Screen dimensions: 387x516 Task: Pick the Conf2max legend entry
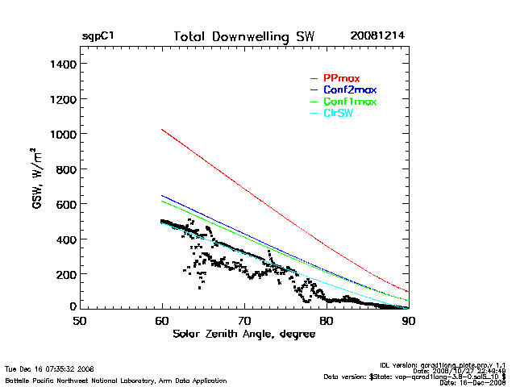point(349,89)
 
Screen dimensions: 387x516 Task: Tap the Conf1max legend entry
point(349,102)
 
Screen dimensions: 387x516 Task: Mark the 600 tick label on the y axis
point(64,204)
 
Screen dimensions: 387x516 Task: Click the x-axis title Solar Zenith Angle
point(244,334)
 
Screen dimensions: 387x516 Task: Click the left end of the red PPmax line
point(162,129)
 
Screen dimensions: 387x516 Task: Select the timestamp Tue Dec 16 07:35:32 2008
point(50,368)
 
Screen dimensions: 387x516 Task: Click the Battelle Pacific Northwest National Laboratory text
point(115,380)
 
